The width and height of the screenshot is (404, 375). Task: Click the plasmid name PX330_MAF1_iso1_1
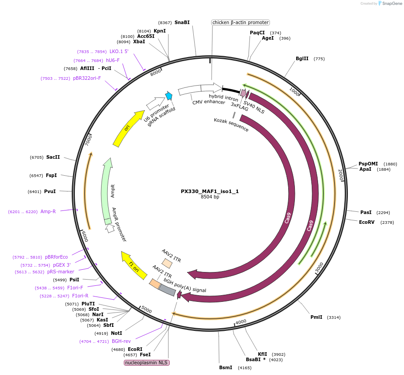(210, 191)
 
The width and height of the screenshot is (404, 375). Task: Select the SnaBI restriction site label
(182, 22)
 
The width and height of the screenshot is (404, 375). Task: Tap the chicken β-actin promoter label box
(241, 22)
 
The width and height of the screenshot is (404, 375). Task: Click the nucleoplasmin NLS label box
(147, 363)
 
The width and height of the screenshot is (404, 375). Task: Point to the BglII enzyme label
(302, 58)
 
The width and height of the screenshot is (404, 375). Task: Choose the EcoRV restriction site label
(368, 222)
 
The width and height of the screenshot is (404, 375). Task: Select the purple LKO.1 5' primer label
(119, 51)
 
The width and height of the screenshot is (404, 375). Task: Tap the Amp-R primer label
(48, 211)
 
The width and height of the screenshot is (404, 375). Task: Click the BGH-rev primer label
(121, 341)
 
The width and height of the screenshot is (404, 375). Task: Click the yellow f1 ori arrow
(134, 265)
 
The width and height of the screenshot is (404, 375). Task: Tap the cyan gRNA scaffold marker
(169, 96)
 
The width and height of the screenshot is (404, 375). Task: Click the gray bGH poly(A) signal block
(167, 290)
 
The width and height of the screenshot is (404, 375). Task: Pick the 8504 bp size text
(210, 197)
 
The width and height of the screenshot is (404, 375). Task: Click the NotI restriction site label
(116, 333)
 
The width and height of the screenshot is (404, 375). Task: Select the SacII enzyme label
(53, 157)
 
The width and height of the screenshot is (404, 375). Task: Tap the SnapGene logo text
(390, 4)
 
